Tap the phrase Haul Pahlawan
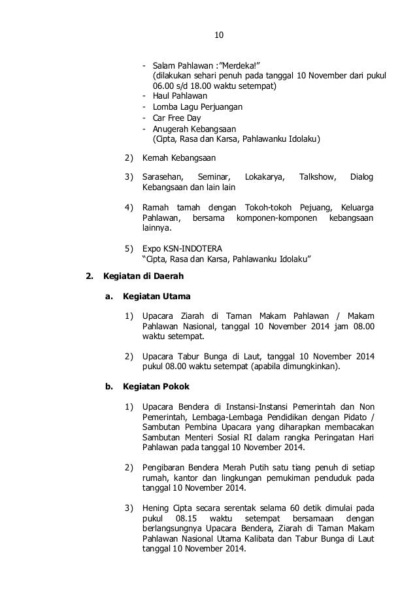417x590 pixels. pos(180,96)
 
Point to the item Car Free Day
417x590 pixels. pos(176,118)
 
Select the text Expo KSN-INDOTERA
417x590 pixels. pos(182,248)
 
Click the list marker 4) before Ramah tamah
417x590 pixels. pos(129,207)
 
